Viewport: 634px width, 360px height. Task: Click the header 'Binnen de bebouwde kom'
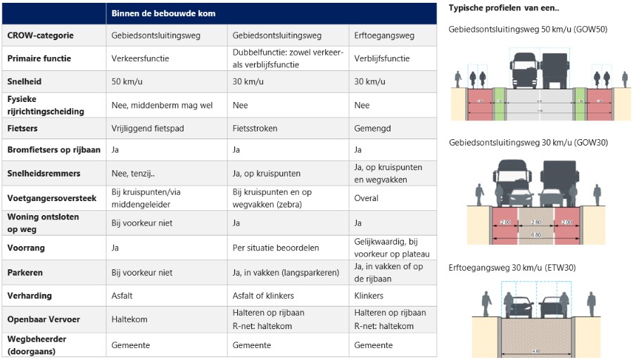[x=163, y=13]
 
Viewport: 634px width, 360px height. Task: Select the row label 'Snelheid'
[x=25, y=82]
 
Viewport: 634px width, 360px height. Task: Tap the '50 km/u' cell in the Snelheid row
[x=127, y=82]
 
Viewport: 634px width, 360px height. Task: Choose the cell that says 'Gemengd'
[x=373, y=129]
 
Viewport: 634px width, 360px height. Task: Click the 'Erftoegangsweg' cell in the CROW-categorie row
[x=384, y=35]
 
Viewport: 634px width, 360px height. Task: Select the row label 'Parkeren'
[x=25, y=272]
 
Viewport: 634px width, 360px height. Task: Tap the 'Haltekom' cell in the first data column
[x=129, y=319]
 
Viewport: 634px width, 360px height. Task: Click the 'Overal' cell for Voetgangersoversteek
[x=367, y=198]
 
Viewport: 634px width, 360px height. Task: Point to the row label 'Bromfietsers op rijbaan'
[x=53, y=150]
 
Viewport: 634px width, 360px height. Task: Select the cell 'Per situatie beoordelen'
[x=276, y=248]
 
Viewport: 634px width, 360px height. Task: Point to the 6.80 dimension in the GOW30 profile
[x=536, y=234]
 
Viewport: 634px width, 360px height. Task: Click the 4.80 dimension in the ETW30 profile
[x=536, y=351]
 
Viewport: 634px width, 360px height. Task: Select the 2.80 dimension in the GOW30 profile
[x=536, y=222]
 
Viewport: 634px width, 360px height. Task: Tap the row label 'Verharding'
[x=30, y=296]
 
